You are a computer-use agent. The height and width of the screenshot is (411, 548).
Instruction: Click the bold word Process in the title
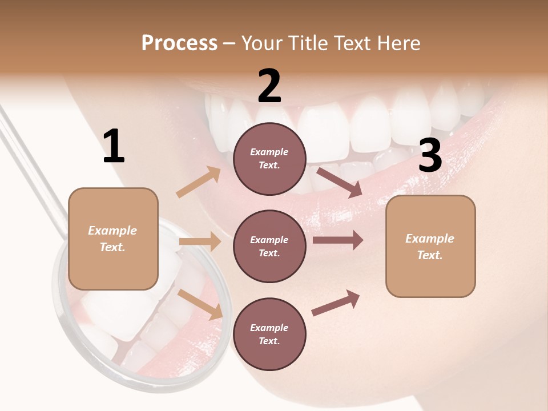click(x=179, y=43)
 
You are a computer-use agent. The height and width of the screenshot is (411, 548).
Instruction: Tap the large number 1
click(x=114, y=147)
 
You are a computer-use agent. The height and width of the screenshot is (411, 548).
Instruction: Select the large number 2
click(x=269, y=86)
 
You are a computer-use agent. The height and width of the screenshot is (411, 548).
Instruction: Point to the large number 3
click(x=430, y=156)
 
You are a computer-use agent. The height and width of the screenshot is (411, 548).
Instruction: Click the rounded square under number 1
click(x=113, y=239)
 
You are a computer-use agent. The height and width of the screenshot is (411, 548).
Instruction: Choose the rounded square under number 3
click(x=430, y=246)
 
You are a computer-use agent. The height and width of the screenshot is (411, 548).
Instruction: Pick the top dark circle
click(x=269, y=159)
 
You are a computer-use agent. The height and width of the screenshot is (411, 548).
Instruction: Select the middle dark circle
click(x=269, y=246)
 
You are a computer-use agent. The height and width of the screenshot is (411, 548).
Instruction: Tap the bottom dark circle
click(x=269, y=334)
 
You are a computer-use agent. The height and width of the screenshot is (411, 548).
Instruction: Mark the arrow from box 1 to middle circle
click(x=200, y=241)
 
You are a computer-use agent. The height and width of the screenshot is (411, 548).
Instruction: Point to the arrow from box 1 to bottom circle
click(x=200, y=305)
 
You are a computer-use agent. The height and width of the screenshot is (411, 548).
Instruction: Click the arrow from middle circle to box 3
click(x=338, y=240)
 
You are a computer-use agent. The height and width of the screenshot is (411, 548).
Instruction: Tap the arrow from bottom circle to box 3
click(x=336, y=303)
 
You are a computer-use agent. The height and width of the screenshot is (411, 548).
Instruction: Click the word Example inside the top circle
click(x=269, y=152)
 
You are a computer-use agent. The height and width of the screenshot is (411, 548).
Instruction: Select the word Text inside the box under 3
click(x=430, y=255)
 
